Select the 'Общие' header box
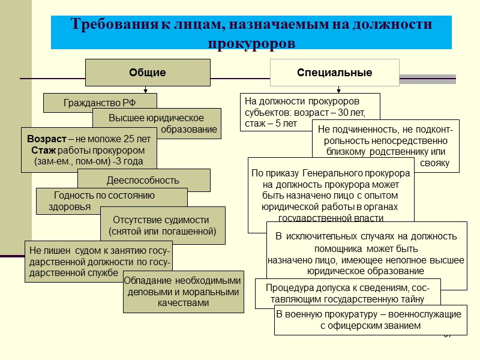148,73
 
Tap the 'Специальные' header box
334,73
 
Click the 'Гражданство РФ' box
100,103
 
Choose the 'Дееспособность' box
143,180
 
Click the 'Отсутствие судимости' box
162,225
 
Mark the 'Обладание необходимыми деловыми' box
183,292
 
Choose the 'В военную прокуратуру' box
369,320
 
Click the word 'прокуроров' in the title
251,44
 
